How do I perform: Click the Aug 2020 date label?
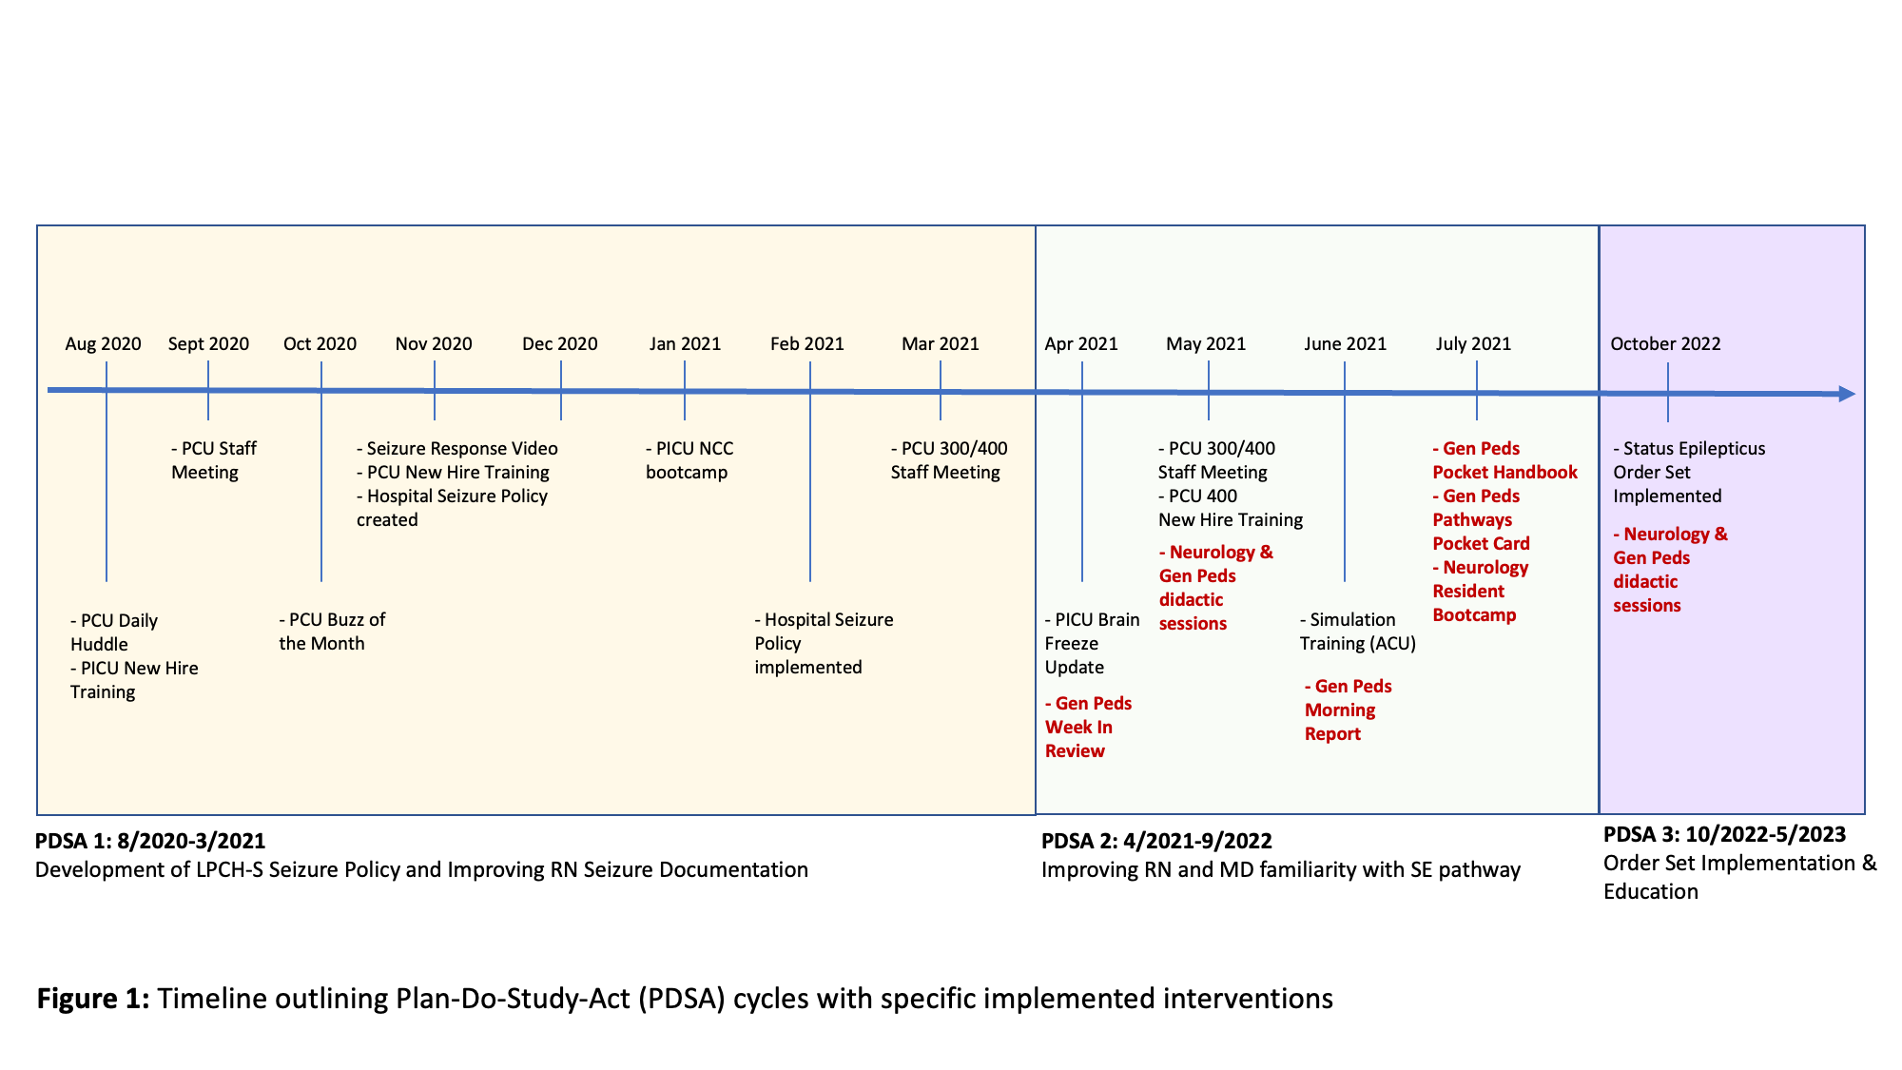tap(103, 344)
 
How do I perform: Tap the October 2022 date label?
tap(1665, 344)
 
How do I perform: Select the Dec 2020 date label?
tap(559, 344)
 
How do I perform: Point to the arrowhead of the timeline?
tap(1847, 394)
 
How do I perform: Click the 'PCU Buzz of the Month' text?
tap(332, 632)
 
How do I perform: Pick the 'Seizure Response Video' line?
tap(457, 449)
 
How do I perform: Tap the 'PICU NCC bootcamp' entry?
tap(689, 460)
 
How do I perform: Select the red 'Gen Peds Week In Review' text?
tap(1088, 727)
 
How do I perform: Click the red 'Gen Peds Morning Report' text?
tap(1348, 710)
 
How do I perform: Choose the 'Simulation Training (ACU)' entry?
tap(1357, 632)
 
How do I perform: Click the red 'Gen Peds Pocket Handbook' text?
tap(1504, 460)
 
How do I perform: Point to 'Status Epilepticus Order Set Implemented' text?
tap(1688, 472)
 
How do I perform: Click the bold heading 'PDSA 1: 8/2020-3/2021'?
tap(150, 841)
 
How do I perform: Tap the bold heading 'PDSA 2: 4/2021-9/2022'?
tap(1156, 841)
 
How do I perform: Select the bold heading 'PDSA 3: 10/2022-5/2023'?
tap(1724, 835)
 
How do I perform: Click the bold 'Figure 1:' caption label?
tap(93, 999)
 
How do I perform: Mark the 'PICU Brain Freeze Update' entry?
tap(1092, 643)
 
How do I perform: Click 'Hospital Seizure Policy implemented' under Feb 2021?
tap(824, 643)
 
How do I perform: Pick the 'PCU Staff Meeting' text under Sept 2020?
tap(214, 460)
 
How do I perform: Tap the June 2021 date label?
tap(1345, 344)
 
